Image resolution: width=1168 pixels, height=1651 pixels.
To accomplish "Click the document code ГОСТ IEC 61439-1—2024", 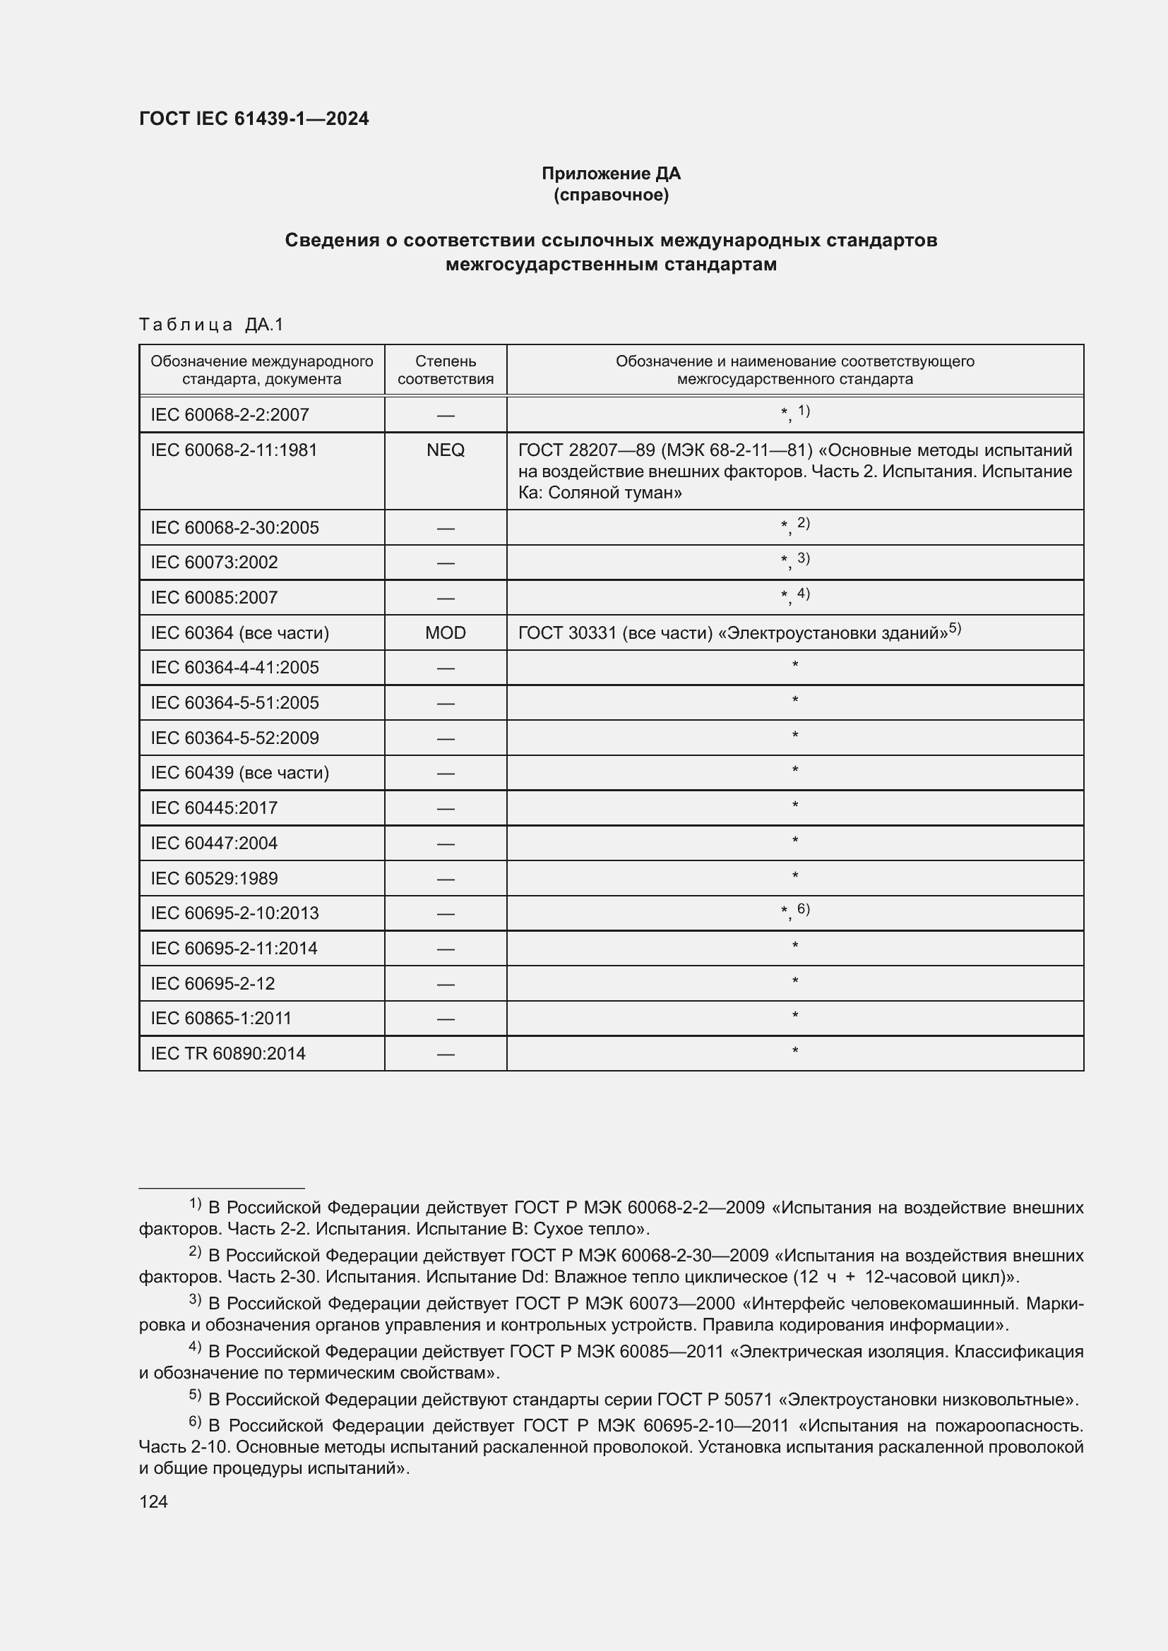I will coord(254,119).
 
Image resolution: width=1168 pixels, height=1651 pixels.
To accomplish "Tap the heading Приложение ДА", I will coord(611,174).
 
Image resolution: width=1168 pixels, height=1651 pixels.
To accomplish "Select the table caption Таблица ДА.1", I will coord(211,325).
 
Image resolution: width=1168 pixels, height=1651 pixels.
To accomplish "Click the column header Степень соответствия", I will coord(445,370).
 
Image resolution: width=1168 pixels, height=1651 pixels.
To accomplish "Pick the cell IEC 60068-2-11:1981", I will coord(234,450).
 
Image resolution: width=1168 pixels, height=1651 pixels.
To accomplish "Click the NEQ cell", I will coord(445,450).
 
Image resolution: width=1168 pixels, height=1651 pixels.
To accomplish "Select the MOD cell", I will coord(445,632).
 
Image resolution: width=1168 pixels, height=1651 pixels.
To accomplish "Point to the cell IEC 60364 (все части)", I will coord(239,632).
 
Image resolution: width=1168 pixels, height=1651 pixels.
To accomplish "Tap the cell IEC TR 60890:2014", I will coord(228,1053).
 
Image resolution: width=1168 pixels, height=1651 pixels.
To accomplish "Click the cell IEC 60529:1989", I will coord(215,878).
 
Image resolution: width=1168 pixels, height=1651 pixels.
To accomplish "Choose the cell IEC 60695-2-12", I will coord(213,984).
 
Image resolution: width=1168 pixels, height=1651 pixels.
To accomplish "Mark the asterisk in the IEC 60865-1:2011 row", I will coord(794,1016).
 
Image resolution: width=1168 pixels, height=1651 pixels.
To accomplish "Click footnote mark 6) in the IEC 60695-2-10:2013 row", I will coord(804,910).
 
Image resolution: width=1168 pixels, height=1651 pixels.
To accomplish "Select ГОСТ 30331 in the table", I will coord(568,632).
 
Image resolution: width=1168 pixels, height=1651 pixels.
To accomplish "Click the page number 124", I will coord(153,1501).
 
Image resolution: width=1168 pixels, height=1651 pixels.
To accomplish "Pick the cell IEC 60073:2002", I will coord(215,563).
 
